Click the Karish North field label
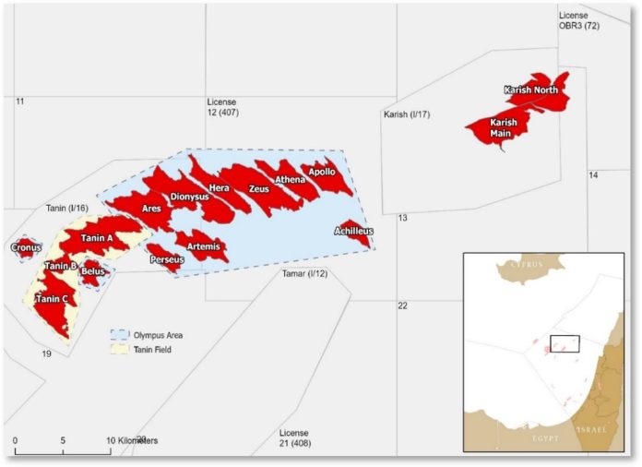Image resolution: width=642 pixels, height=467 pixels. (x=530, y=90)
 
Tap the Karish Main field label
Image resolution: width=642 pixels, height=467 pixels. (x=503, y=127)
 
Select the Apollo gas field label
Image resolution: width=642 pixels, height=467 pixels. (x=322, y=172)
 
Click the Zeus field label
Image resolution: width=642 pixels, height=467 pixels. (x=258, y=188)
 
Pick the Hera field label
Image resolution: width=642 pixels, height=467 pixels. (x=220, y=188)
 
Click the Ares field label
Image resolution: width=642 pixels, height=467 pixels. (x=151, y=210)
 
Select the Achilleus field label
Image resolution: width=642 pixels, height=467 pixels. (x=354, y=230)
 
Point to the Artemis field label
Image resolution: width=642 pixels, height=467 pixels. (x=203, y=245)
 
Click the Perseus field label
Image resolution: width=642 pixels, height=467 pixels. (x=167, y=260)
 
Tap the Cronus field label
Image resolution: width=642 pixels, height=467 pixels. (x=26, y=247)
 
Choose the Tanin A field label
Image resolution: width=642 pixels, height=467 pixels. (x=96, y=238)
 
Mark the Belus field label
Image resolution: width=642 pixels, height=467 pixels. (x=92, y=271)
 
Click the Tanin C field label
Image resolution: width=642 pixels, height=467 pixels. (x=52, y=299)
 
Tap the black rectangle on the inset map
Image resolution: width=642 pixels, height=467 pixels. (x=564, y=343)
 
